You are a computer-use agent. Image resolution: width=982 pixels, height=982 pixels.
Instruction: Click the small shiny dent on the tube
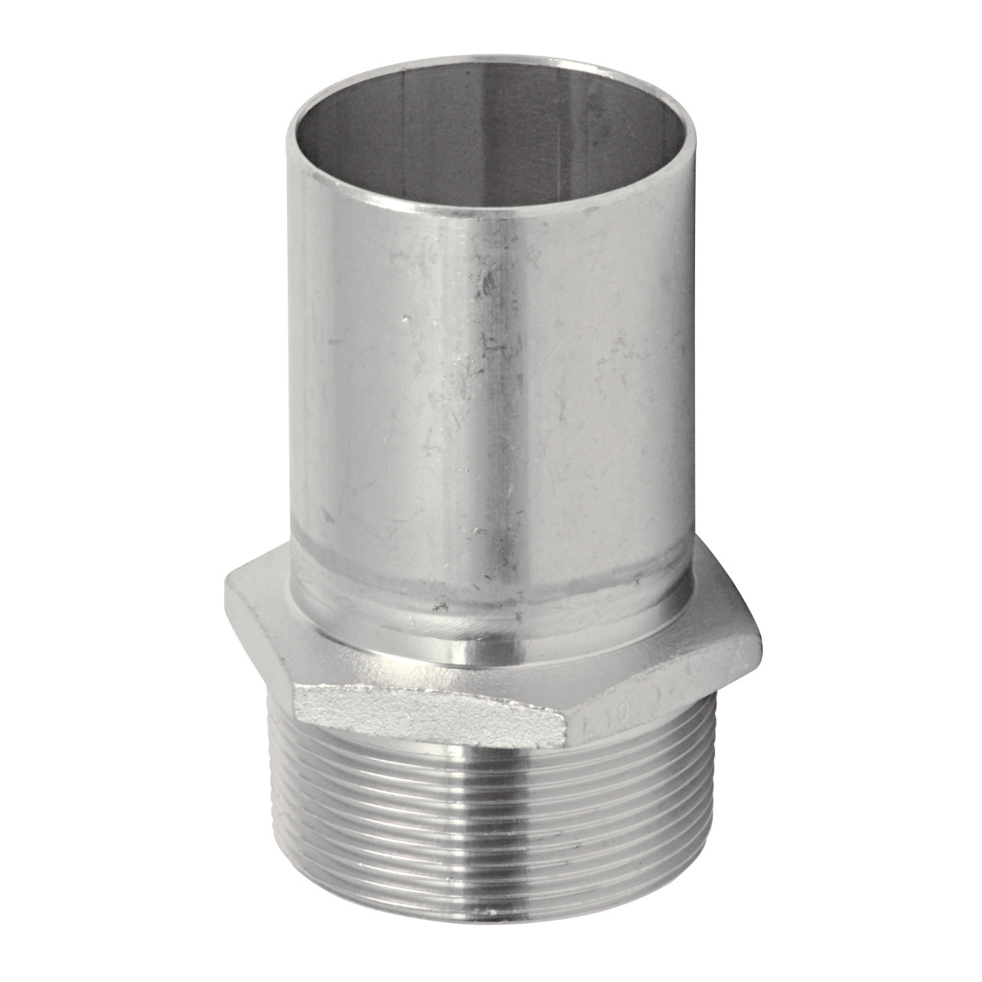tap(404, 315)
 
